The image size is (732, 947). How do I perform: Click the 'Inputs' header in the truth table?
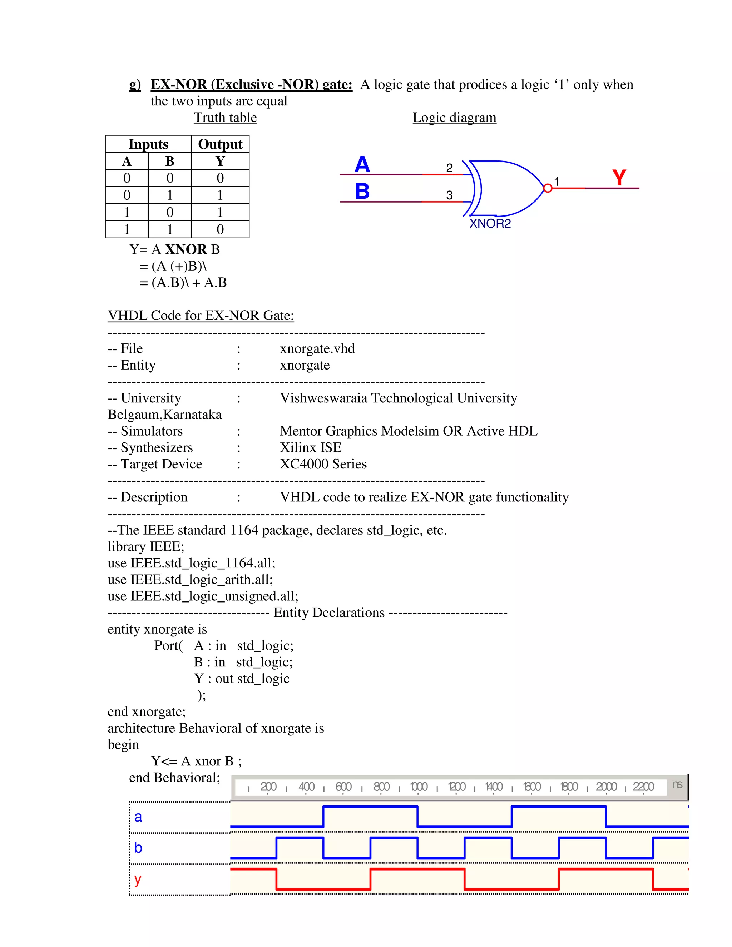click(x=148, y=144)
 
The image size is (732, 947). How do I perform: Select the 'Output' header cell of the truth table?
click(x=220, y=144)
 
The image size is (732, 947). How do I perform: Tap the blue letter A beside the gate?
click(x=362, y=164)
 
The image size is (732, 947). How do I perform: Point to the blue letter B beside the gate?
click(x=362, y=191)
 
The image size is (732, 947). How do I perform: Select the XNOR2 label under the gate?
click(x=490, y=224)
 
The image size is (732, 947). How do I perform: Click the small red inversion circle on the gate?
click(x=548, y=188)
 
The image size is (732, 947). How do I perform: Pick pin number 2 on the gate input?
click(x=450, y=168)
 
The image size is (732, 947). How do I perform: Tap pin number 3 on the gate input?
click(x=450, y=195)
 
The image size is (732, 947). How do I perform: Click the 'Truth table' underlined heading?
click(x=225, y=118)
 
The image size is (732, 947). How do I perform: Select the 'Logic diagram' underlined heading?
click(x=454, y=118)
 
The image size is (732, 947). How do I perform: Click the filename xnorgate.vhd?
click(x=317, y=349)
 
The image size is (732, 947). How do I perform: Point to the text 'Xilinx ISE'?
click(x=311, y=447)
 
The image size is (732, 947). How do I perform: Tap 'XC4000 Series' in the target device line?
click(x=323, y=464)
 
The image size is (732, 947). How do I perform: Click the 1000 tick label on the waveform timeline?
click(x=419, y=787)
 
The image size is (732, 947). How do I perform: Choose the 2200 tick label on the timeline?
click(x=643, y=787)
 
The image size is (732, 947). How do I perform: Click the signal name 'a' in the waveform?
click(x=138, y=817)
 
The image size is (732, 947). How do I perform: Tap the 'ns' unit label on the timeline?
click(x=677, y=784)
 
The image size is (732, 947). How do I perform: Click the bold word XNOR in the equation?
click(x=186, y=249)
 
